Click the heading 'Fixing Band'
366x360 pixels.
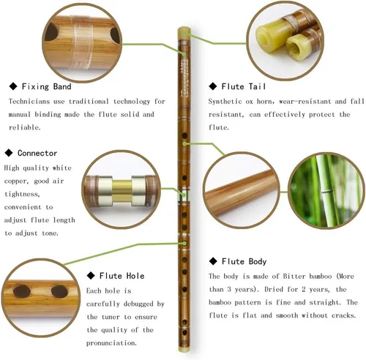46,86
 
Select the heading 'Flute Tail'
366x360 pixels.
243,86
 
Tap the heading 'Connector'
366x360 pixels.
37,153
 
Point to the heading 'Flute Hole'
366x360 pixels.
122,276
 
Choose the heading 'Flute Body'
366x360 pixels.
244,261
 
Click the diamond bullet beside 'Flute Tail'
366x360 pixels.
213,86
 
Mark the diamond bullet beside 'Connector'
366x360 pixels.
9,153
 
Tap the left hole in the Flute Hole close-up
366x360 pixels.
22,291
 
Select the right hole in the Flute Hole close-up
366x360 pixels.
59,291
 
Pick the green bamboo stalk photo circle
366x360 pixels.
326,191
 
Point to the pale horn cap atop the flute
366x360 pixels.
184,34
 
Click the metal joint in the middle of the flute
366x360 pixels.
184,195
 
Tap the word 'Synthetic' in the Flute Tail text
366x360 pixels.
225,102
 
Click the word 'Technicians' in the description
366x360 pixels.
29,102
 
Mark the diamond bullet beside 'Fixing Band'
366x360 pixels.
13,86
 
